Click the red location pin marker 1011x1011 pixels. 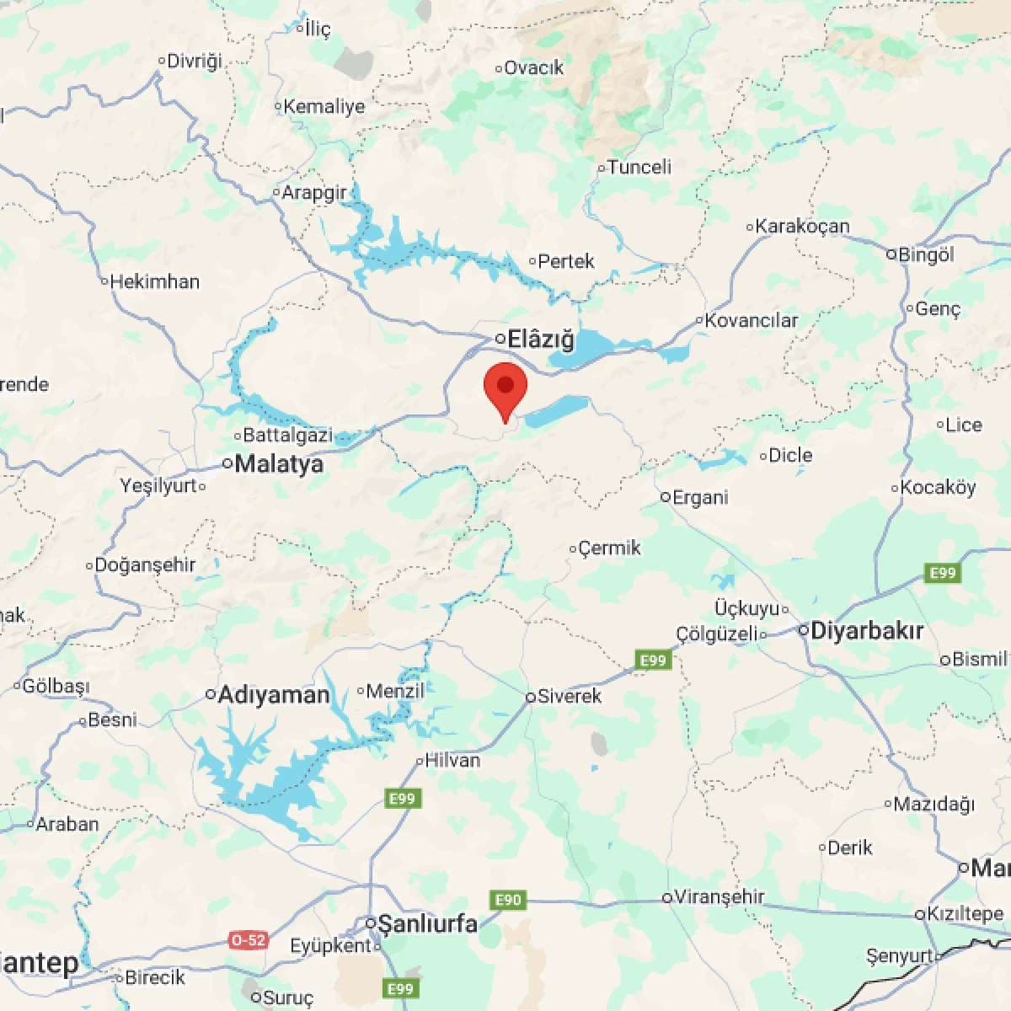pyautogui.click(x=505, y=389)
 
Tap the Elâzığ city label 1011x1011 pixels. pyautogui.click(x=540, y=340)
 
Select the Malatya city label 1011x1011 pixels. pyautogui.click(x=279, y=464)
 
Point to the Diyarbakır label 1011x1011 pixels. pyautogui.click(x=867, y=631)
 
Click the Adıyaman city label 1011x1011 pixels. pyautogui.click(x=273, y=695)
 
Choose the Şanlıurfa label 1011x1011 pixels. pyautogui.click(x=427, y=923)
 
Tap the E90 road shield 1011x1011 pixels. pyautogui.click(x=508, y=900)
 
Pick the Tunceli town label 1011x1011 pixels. pyautogui.click(x=639, y=167)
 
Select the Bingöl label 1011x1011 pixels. pyautogui.click(x=926, y=254)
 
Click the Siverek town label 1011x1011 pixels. pyautogui.click(x=570, y=696)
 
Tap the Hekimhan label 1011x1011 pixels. pyautogui.click(x=155, y=281)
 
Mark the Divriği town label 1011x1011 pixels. pyautogui.click(x=194, y=61)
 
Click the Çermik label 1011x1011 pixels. pyautogui.click(x=609, y=548)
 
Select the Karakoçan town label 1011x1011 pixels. pyautogui.click(x=802, y=226)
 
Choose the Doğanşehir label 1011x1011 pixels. pyautogui.click(x=145, y=564)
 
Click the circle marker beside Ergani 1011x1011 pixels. pyautogui.click(x=665, y=497)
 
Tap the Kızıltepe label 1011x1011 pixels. pyautogui.click(x=965, y=913)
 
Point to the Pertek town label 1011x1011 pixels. pyautogui.click(x=565, y=261)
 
